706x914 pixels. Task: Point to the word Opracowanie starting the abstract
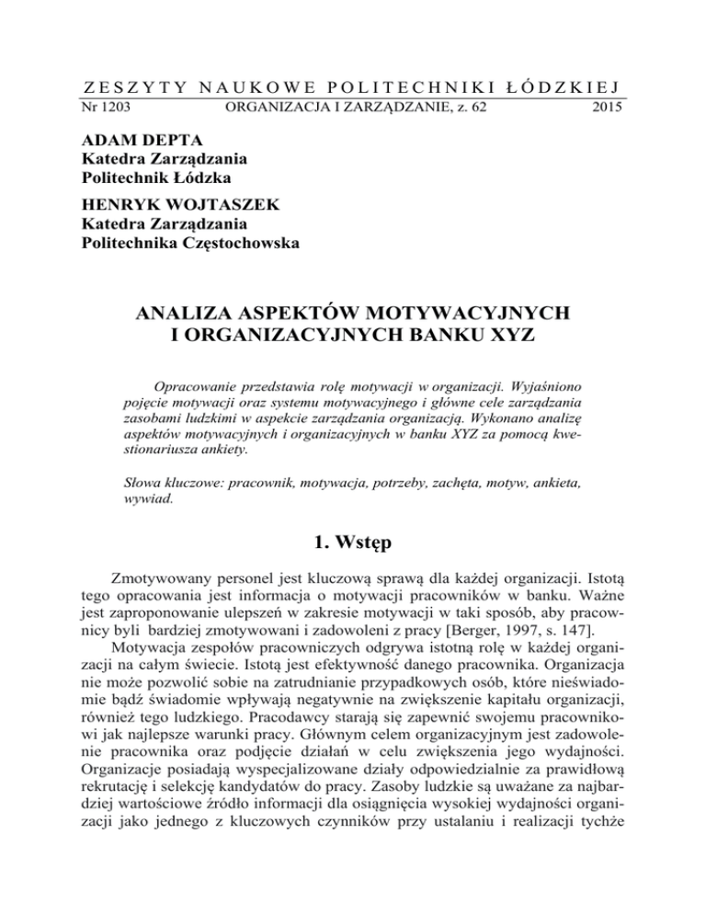(195, 382)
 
